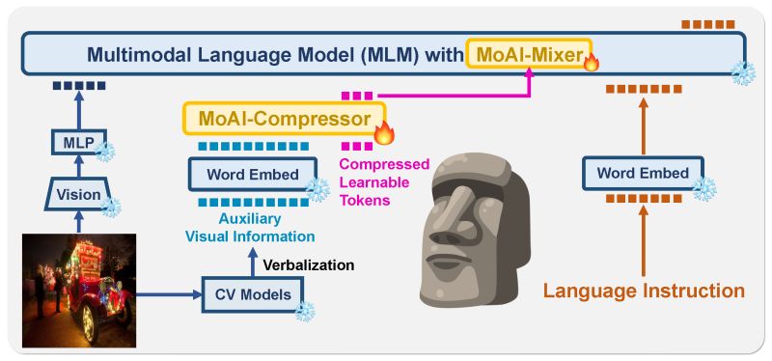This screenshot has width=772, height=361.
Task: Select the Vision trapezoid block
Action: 78,194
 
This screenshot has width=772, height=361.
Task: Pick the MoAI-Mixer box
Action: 524,55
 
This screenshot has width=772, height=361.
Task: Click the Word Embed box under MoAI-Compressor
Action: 252,175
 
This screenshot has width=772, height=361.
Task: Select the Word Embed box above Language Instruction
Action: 642,173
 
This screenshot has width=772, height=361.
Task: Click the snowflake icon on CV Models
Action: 305,311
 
